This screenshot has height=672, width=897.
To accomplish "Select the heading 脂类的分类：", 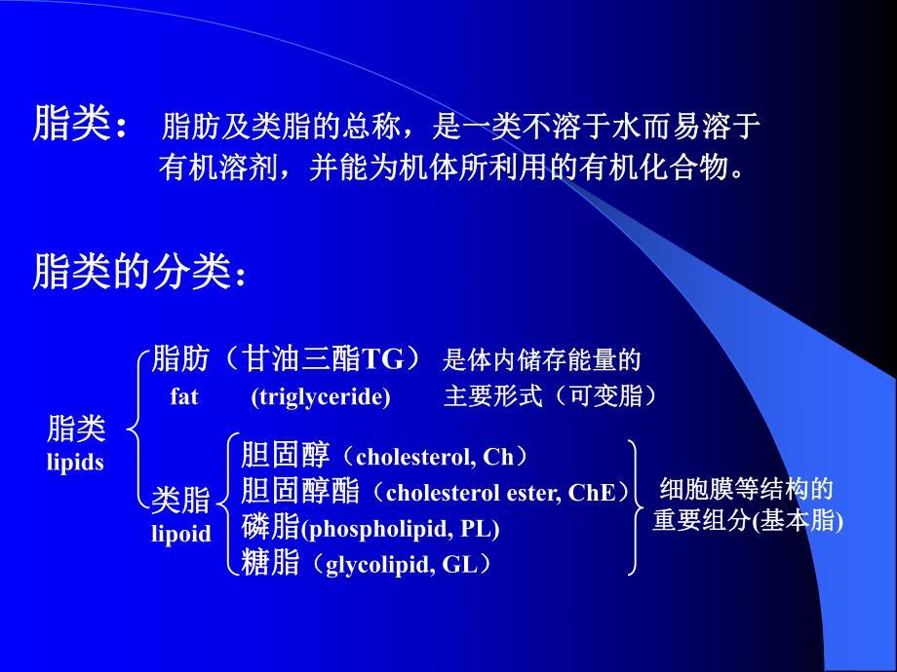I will click(x=139, y=273).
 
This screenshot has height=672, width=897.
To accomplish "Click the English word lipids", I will click(x=75, y=463).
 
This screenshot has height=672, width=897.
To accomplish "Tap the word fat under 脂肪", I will click(x=183, y=396).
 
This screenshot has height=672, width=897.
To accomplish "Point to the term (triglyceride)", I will click(x=320, y=396).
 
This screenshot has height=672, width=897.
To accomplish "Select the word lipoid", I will click(x=180, y=534).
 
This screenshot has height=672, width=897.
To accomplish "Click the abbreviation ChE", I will click(x=592, y=493).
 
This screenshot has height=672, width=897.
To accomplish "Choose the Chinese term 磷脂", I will click(x=270, y=528).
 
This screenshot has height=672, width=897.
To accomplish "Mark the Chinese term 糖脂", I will click(x=270, y=563).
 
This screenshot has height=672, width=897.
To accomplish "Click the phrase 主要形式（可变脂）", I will click(x=551, y=396).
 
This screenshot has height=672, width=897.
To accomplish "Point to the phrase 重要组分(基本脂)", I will click(x=748, y=521).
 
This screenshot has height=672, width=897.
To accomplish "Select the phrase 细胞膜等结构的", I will click(x=747, y=489).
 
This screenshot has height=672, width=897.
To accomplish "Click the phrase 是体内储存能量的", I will click(x=542, y=361).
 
